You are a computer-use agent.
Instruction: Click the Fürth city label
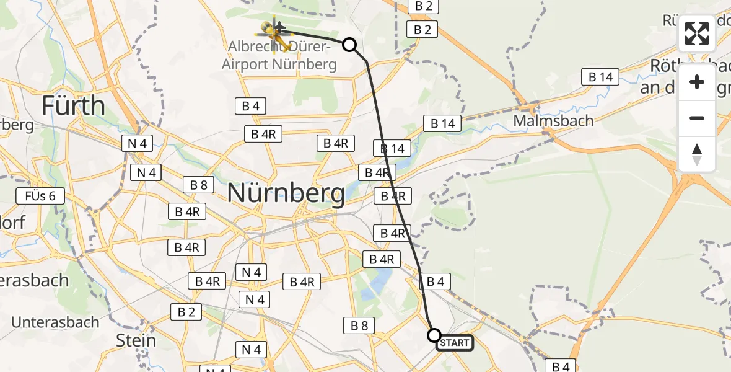(x=73, y=106)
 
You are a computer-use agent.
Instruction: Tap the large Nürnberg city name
(x=286, y=194)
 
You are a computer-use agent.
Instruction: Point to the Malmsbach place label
(x=553, y=120)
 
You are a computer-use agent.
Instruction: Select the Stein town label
(x=136, y=340)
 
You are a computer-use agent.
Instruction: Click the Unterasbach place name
(x=55, y=322)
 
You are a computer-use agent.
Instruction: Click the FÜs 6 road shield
(x=40, y=197)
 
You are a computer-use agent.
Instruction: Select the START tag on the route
(x=455, y=343)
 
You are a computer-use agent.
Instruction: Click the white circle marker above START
(x=434, y=335)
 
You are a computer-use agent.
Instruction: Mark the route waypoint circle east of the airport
(x=349, y=45)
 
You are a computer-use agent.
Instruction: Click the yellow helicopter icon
(x=274, y=33)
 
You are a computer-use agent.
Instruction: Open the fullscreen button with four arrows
(x=697, y=33)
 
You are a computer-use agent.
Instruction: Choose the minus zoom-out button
(x=697, y=118)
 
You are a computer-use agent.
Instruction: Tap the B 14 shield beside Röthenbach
(x=600, y=77)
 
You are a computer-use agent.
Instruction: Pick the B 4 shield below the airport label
(x=250, y=106)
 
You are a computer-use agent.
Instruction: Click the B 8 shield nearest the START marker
(x=359, y=325)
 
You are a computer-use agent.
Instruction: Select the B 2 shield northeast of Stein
(x=186, y=312)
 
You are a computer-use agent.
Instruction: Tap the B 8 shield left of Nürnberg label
(x=199, y=185)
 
